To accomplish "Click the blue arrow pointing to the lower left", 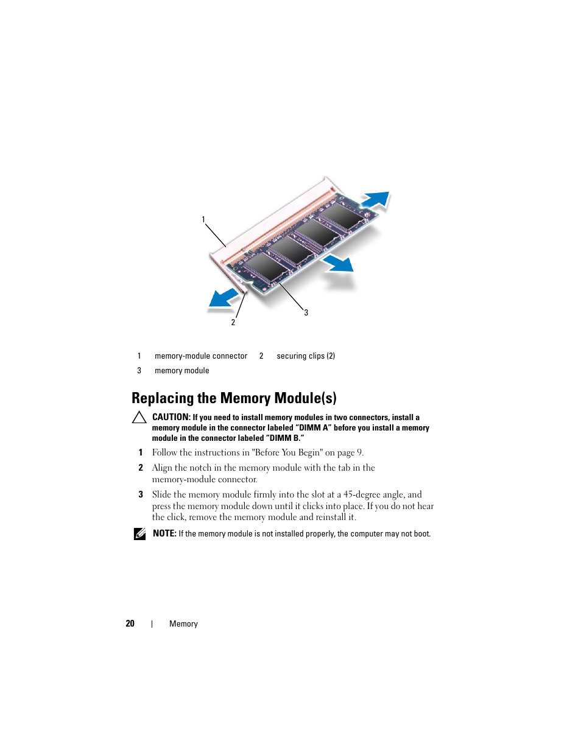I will tap(224, 298).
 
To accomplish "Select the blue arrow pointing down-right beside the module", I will tap(338, 264).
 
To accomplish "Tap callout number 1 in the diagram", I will tap(203, 219).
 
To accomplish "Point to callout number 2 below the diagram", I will tap(233, 322).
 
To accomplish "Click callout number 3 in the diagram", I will tap(306, 312).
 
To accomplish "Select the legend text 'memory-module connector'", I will tap(201, 356).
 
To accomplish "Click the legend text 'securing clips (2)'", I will tap(306, 356).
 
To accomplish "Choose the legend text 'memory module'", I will tap(181, 371).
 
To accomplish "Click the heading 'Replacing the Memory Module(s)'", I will tap(234, 398).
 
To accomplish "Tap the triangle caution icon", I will tap(139, 418).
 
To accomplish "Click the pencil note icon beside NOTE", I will tap(139, 534).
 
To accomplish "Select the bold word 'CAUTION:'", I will tap(171, 417).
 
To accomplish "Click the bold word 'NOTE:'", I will tap(164, 533).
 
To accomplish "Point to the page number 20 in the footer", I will tap(130, 624).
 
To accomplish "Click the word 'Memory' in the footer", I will tap(183, 624).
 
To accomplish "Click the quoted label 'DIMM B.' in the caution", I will tap(286, 438).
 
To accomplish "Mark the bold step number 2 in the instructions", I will tap(141, 468).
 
